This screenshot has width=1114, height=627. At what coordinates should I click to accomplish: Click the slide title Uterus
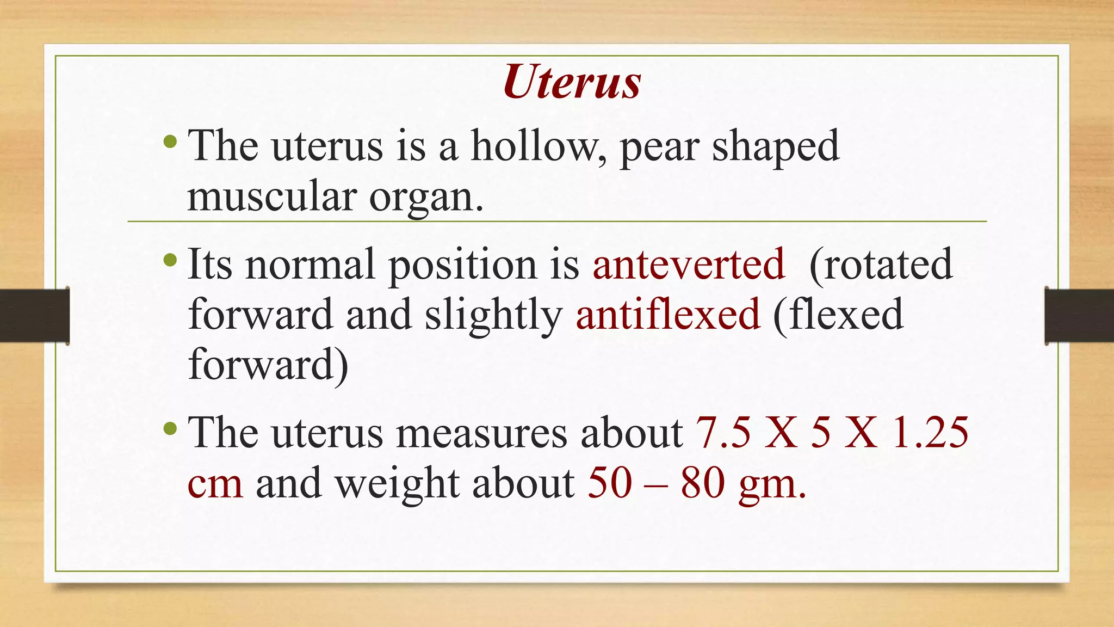coord(572,82)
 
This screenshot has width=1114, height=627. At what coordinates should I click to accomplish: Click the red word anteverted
coord(689,264)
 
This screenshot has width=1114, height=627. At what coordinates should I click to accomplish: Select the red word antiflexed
coord(668,314)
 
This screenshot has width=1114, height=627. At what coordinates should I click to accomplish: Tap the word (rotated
coord(881,264)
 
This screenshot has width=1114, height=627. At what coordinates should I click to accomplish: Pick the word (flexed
coord(838,315)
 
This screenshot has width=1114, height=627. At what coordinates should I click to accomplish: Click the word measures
coord(481,433)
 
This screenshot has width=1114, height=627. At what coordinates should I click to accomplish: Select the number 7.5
coord(723,433)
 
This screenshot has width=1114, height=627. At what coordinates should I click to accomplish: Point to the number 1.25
coord(931,433)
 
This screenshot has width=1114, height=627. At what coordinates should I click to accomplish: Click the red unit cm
coord(215,483)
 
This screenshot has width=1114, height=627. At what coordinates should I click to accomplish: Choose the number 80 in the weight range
coord(703,483)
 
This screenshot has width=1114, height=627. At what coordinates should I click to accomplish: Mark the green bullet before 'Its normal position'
coord(170,259)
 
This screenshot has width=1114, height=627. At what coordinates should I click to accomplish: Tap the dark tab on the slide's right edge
coord(1079,316)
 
